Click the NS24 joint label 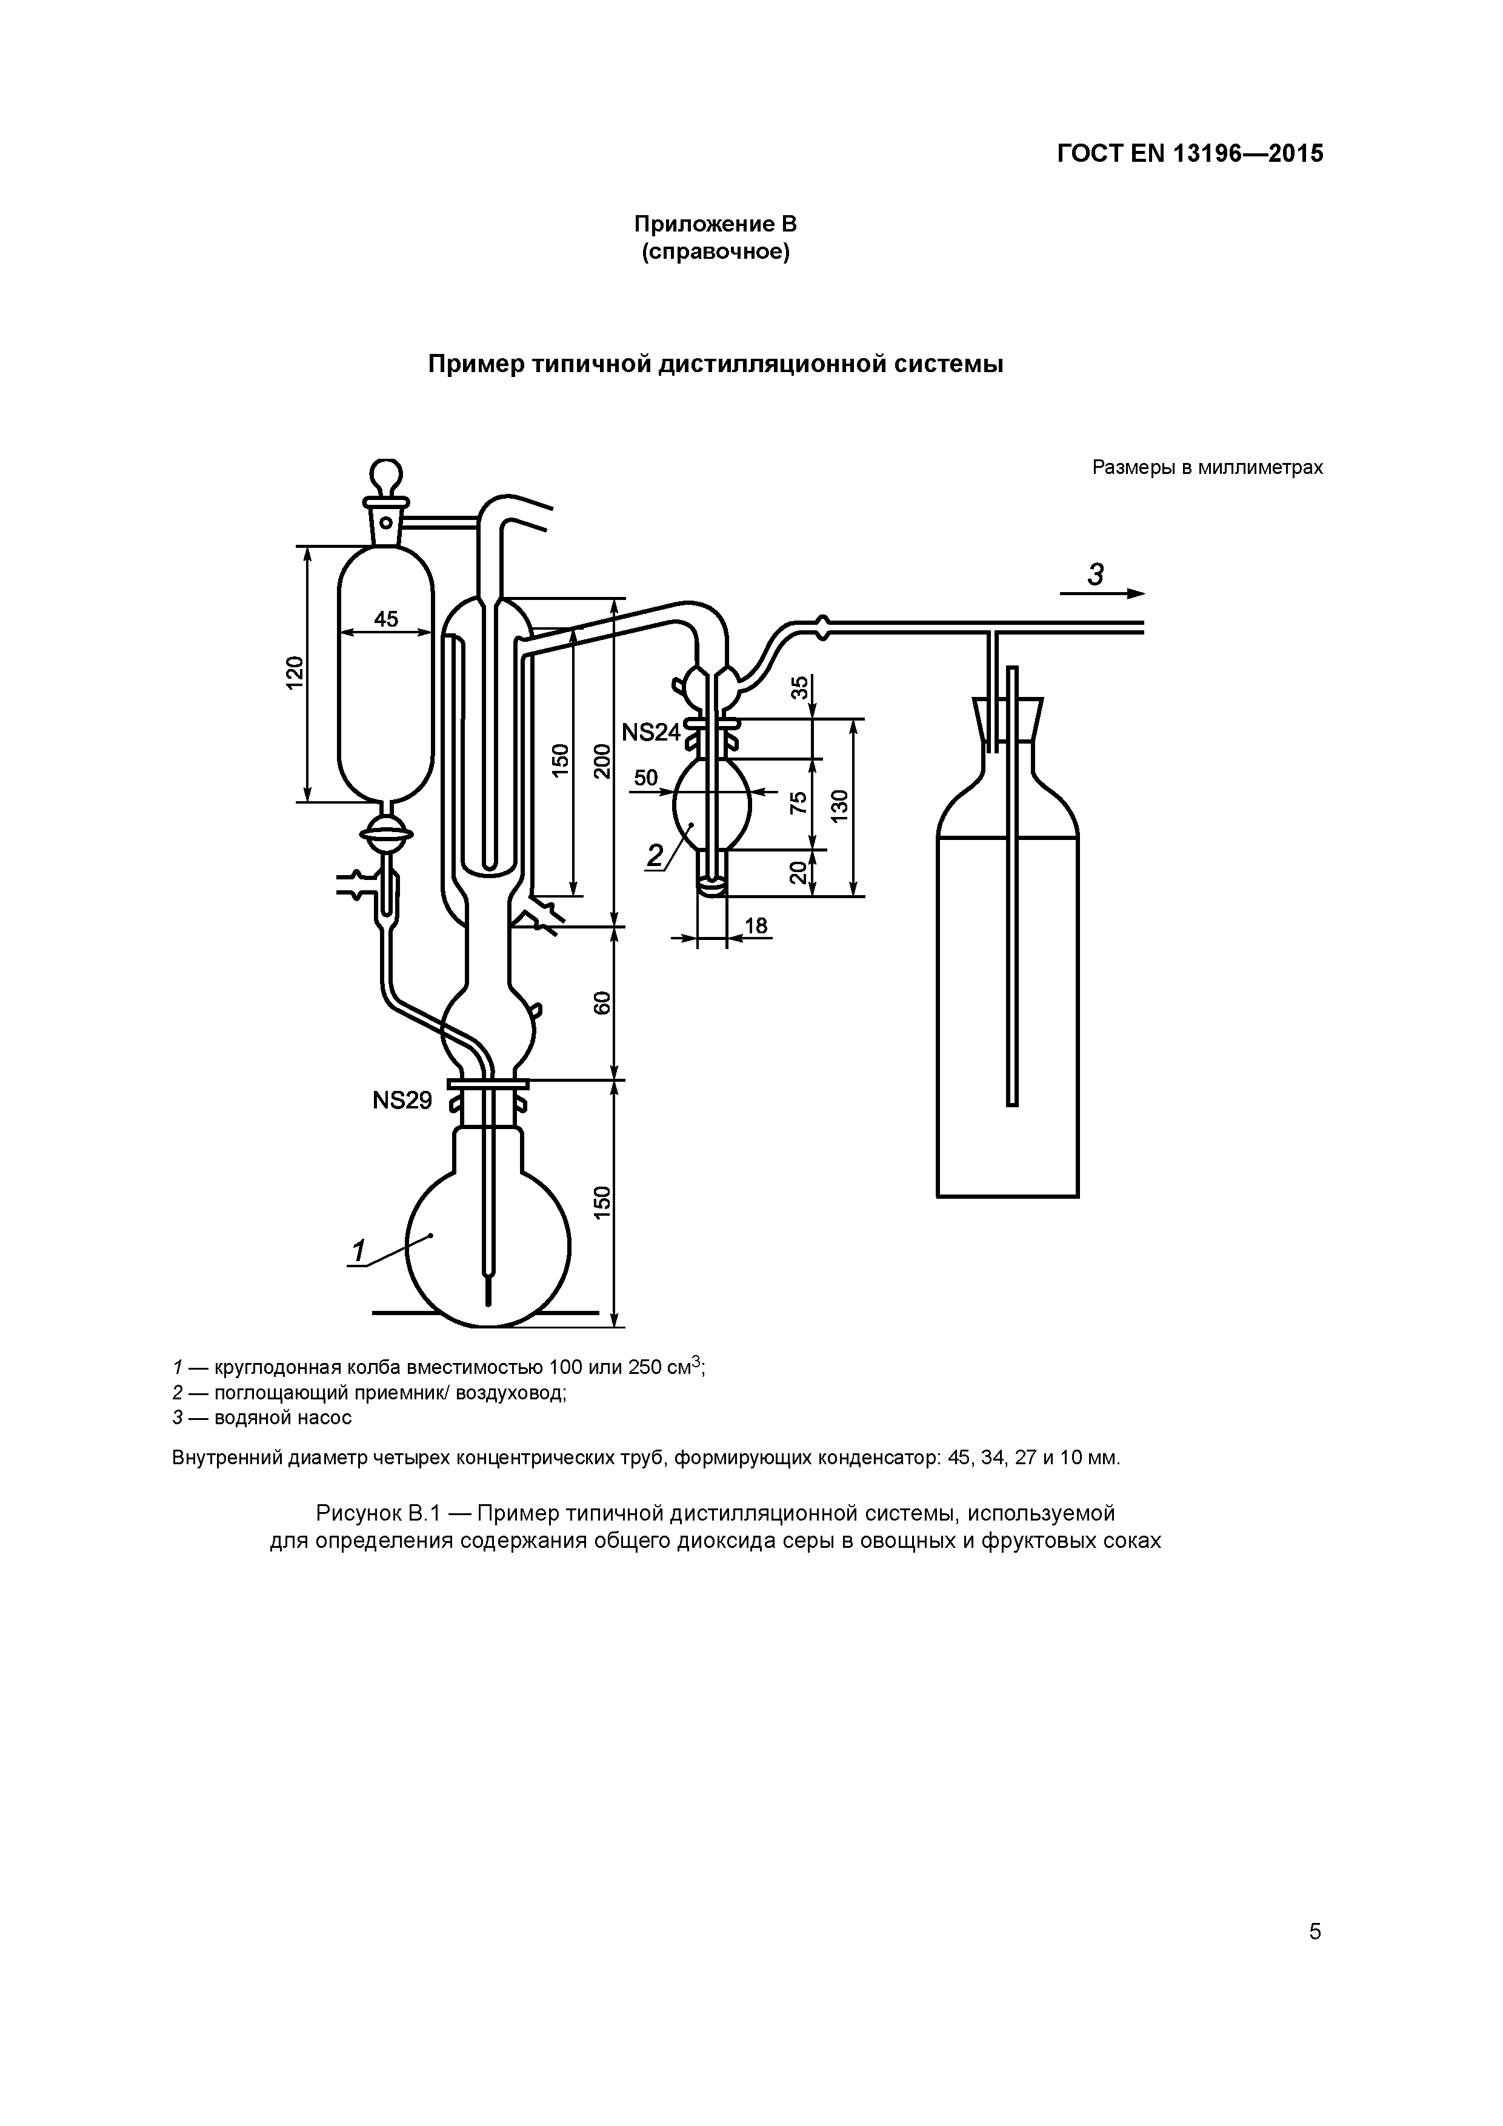pyautogui.click(x=650, y=733)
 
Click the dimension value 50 pyautogui.click(x=645, y=777)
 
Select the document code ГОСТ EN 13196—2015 pyautogui.click(x=1190, y=154)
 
